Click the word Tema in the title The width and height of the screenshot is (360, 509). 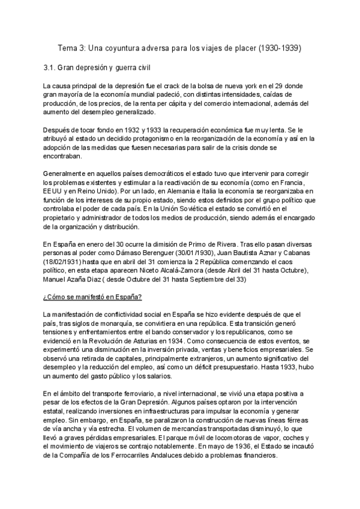(x=67, y=47)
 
